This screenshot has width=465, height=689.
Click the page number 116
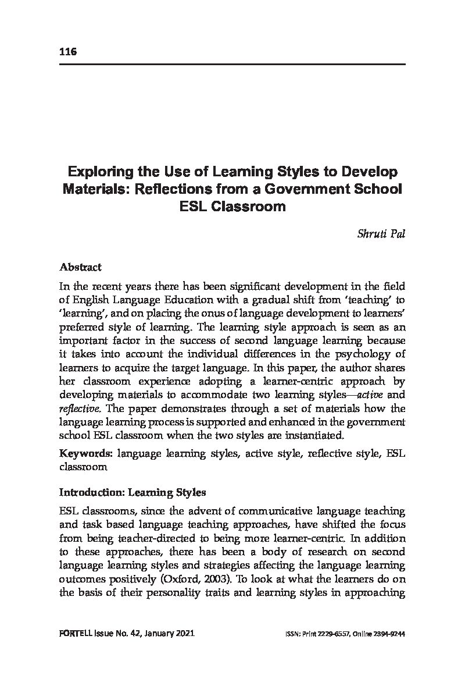click(68, 52)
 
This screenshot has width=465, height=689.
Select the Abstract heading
click(80, 267)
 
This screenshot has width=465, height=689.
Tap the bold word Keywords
click(85, 452)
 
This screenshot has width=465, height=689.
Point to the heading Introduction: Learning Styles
click(133, 492)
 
